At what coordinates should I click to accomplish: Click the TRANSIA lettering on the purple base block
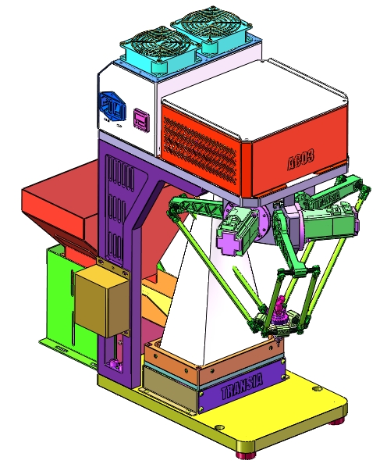(x=242, y=388)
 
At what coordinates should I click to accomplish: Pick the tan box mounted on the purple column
(x=101, y=302)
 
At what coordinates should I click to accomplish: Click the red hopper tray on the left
(x=59, y=207)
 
